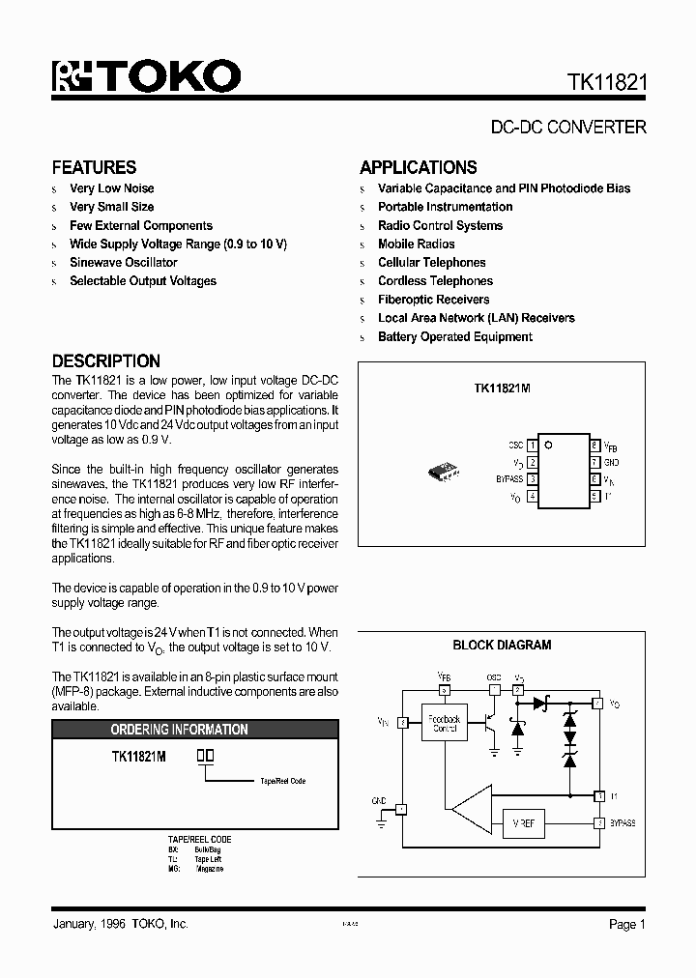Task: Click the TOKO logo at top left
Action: click(x=146, y=76)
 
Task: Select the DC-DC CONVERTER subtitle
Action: click(x=568, y=127)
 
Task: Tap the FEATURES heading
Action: click(x=94, y=167)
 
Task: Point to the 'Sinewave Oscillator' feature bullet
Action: click(x=123, y=262)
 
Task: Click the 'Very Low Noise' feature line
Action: click(x=111, y=188)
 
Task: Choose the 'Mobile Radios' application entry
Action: click(x=416, y=244)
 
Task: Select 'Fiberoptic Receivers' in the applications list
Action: click(x=433, y=300)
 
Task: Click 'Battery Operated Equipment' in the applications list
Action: click(x=454, y=337)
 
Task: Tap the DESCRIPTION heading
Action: click(x=105, y=360)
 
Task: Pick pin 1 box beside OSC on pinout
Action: click(x=533, y=446)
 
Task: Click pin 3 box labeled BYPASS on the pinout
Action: click(x=533, y=479)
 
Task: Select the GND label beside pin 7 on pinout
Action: click(x=611, y=463)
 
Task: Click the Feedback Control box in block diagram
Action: click(x=445, y=723)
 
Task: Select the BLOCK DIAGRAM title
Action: click(x=502, y=646)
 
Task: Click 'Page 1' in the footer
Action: click(x=626, y=925)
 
